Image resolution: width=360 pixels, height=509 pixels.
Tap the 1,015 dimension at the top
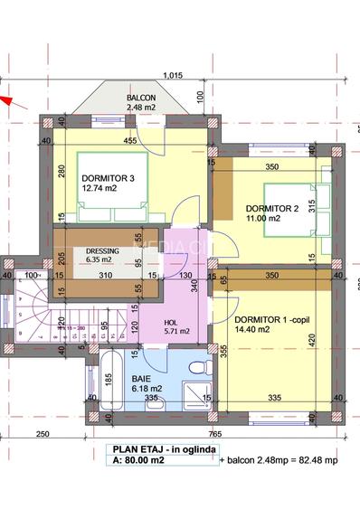(174, 76)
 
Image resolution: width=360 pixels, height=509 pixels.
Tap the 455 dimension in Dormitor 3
(129, 141)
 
